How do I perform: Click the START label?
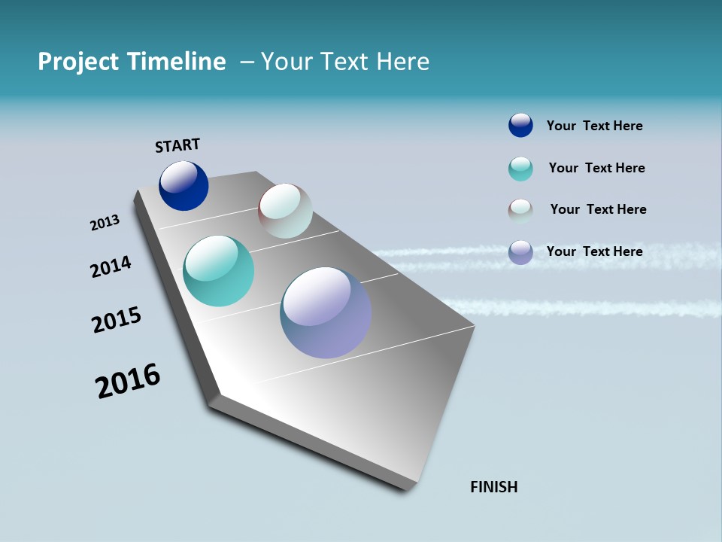tap(177, 145)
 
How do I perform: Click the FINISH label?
tap(493, 487)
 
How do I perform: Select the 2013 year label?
tap(105, 223)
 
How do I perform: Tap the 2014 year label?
tap(111, 266)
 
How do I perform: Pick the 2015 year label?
tap(117, 320)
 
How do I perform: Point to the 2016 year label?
tap(128, 381)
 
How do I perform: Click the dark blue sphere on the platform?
tap(184, 186)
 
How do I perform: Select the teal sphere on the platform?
tap(218, 271)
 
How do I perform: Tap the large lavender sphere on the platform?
tap(326, 312)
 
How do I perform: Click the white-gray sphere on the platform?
tap(285, 211)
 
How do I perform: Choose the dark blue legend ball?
tap(520, 126)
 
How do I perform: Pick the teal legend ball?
tap(520, 169)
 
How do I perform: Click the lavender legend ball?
tap(520, 252)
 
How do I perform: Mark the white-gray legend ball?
tap(520, 210)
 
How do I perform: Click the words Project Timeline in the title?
tap(132, 62)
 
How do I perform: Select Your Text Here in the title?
tap(345, 62)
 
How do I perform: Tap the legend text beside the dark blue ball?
tap(594, 126)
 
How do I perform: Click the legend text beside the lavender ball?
tap(594, 251)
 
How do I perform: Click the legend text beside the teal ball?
tap(596, 168)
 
